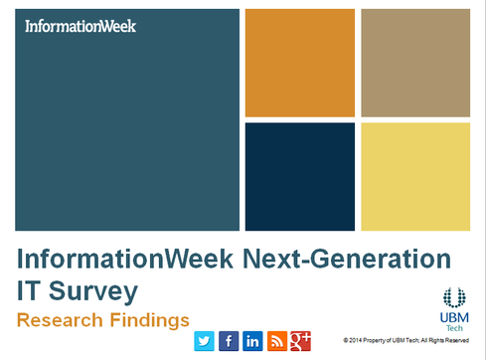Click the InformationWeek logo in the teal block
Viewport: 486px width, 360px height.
[80, 26]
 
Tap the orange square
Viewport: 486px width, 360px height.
[299, 63]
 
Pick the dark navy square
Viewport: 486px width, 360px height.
[299, 176]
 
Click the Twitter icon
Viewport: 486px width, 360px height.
[205, 341]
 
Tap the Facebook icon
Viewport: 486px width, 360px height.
[229, 341]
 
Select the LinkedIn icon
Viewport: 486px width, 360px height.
[252, 341]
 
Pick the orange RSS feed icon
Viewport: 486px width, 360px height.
[276, 341]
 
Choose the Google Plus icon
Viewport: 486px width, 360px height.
[301, 341]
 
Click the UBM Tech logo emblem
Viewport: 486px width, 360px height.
[454, 297]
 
